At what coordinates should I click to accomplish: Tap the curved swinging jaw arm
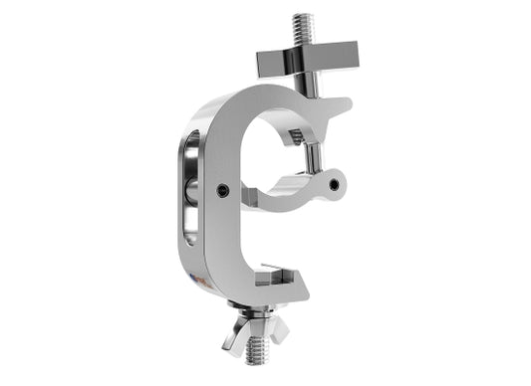[289, 195]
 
